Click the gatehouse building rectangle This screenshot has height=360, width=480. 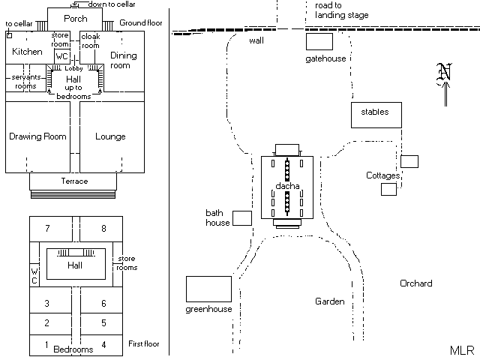point(319,42)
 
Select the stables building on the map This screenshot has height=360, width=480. point(375,114)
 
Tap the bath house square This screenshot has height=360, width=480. point(241,218)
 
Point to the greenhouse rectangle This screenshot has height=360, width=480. point(208,289)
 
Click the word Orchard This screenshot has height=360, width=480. point(415,283)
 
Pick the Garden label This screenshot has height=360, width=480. point(329,301)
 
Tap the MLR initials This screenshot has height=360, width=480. point(460,350)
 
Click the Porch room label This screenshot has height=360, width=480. point(75,19)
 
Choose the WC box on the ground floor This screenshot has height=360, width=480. point(63,56)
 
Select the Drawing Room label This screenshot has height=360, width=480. point(37,136)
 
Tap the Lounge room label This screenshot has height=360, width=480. point(110,136)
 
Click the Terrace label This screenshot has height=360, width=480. point(74,181)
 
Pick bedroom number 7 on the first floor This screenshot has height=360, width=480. point(47,228)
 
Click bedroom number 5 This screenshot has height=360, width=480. point(103,323)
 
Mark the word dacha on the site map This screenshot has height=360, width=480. point(287,186)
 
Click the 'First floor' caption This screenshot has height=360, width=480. point(144,344)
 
